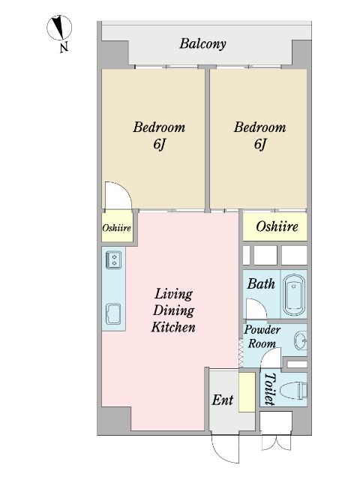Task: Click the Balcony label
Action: click(x=202, y=43)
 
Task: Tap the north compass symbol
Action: click(x=59, y=28)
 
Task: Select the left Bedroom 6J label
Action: click(x=159, y=135)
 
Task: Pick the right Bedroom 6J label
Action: click(x=259, y=135)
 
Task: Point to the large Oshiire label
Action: click(x=277, y=226)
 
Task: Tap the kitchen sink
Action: click(x=113, y=314)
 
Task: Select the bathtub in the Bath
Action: click(x=294, y=295)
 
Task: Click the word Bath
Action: click(x=261, y=283)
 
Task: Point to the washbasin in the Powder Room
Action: click(x=301, y=340)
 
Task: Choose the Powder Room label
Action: click(x=262, y=337)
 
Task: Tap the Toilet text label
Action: click(x=270, y=389)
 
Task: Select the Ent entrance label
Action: click(x=223, y=400)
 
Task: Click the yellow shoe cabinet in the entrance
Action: click(x=247, y=392)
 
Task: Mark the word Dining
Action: click(x=173, y=310)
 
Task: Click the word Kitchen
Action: click(x=173, y=327)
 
